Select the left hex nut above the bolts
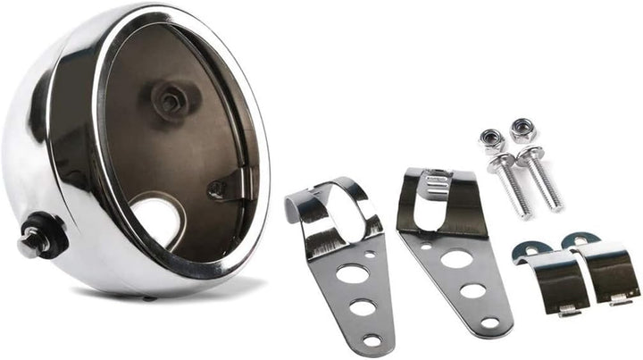click(x=492, y=139)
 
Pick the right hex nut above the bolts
click(x=522, y=130)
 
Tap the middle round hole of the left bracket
click(x=362, y=308)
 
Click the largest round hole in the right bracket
click(x=457, y=258)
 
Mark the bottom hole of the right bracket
click(x=490, y=322)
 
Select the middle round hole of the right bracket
click(x=473, y=290)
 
